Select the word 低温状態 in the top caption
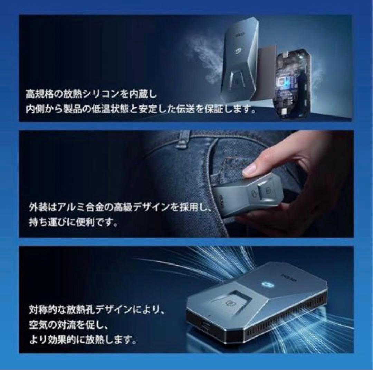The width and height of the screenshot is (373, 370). pos(124,110)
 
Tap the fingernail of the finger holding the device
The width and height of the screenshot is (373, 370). pos(249,169)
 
